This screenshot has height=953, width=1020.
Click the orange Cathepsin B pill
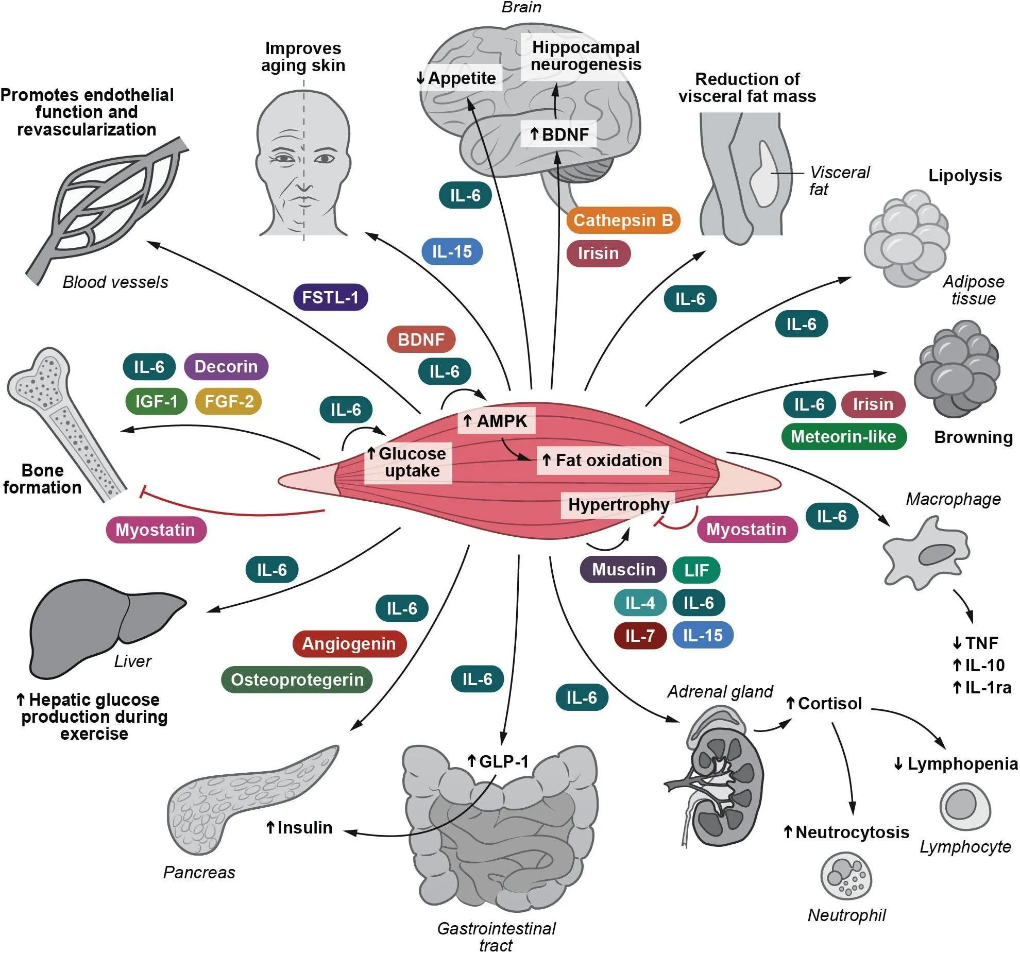point(623,220)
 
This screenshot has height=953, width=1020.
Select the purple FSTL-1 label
point(330,297)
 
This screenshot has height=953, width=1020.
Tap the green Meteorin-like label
point(843,437)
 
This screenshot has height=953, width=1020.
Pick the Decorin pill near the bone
point(226,367)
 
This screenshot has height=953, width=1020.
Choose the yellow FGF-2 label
point(229,401)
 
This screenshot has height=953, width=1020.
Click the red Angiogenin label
point(349,643)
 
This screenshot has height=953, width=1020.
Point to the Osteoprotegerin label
point(297,679)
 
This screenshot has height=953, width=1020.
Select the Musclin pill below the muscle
point(623,569)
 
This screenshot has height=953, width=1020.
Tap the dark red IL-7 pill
point(640,636)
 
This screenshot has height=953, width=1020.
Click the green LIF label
point(696,570)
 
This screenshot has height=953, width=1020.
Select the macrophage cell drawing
point(926,554)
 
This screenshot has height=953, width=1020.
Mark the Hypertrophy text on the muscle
point(618,505)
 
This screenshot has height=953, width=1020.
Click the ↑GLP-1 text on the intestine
point(498,761)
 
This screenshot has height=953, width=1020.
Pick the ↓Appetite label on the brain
point(456,78)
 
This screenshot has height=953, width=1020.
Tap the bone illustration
point(67,422)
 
